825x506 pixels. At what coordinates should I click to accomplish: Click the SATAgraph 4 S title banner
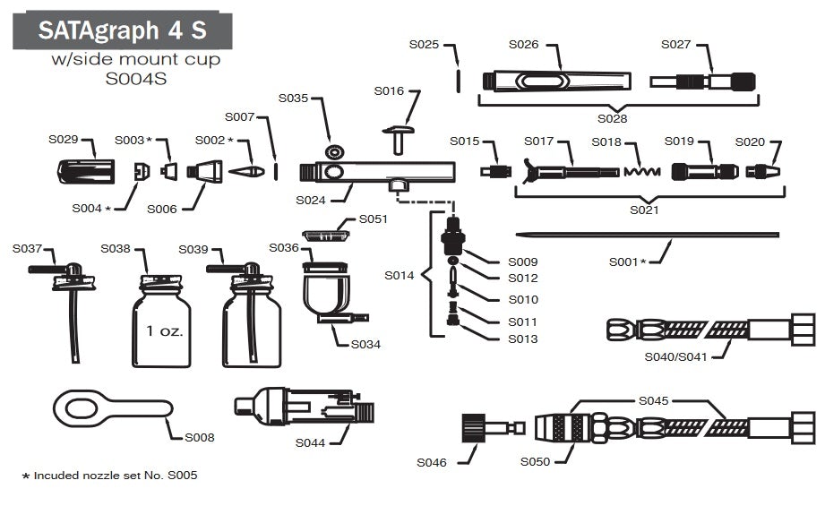[x=122, y=30]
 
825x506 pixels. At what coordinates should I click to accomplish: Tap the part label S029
[x=64, y=140]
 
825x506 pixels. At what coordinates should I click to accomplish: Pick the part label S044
[x=310, y=442]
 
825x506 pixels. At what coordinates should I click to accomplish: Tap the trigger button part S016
[x=396, y=139]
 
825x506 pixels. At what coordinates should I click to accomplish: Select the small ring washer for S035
[x=335, y=150]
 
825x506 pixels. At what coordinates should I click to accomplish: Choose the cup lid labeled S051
[x=323, y=235]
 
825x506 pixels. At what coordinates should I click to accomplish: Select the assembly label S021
[x=644, y=210]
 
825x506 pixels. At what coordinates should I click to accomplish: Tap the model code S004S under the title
[x=135, y=78]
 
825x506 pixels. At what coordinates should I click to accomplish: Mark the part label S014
[x=400, y=275]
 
